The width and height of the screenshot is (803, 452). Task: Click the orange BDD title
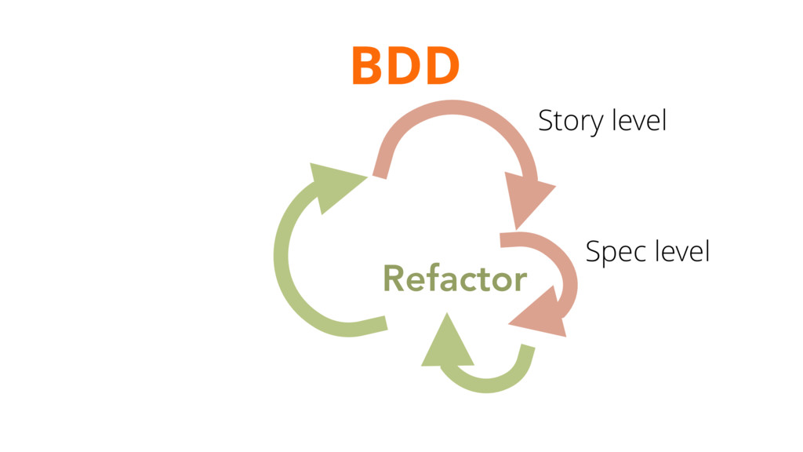(x=405, y=66)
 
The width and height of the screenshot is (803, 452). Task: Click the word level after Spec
(x=682, y=252)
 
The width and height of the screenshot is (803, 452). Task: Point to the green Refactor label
(x=455, y=279)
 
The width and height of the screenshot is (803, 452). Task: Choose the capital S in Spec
(x=594, y=253)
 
